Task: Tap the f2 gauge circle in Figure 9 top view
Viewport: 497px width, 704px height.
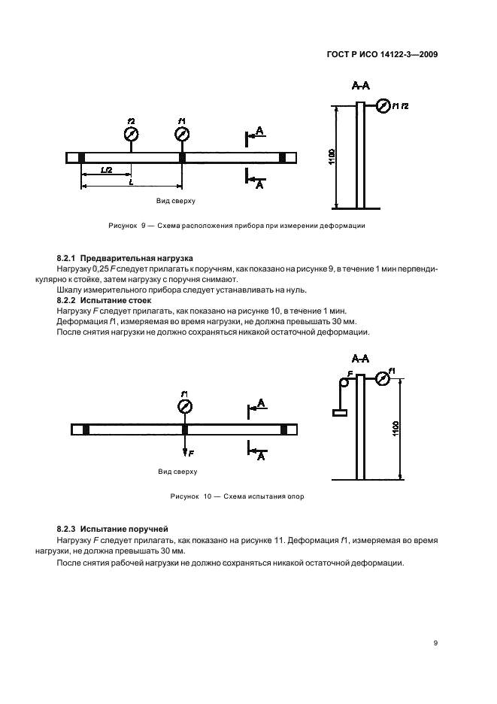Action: click(x=132, y=135)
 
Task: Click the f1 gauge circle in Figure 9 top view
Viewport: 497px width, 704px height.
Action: click(x=182, y=135)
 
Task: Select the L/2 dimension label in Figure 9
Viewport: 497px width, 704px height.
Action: click(x=106, y=171)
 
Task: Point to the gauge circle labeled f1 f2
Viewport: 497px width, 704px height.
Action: click(x=383, y=107)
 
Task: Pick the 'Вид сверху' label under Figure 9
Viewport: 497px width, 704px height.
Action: click(x=175, y=202)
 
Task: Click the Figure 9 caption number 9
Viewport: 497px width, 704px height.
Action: click(x=143, y=226)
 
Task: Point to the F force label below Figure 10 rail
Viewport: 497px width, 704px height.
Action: click(x=191, y=454)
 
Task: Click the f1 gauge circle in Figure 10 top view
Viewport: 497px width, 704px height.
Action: click(x=185, y=407)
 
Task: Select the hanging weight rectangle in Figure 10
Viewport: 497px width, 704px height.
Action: click(x=341, y=412)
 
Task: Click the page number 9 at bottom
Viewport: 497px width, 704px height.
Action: click(x=435, y=642)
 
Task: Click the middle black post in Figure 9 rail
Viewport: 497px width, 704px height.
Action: click(x=182, y=157)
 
